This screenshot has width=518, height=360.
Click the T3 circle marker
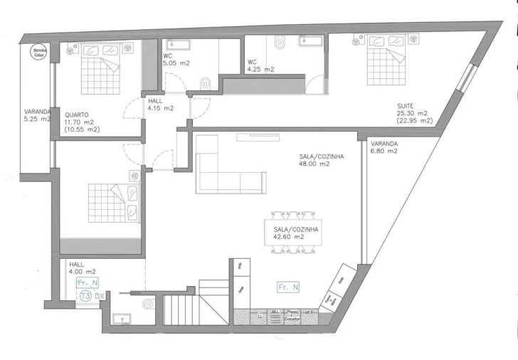(85, 295)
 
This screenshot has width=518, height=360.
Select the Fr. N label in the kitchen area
(288, 287)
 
